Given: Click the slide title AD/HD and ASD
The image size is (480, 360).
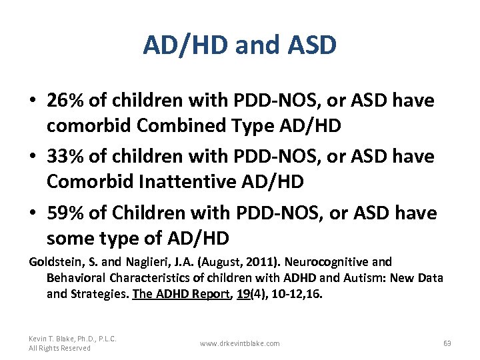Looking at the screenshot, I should pos(239,45).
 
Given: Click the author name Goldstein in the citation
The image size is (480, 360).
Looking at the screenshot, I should pos(53,262).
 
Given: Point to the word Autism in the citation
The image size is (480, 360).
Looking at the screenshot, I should pos(357,277).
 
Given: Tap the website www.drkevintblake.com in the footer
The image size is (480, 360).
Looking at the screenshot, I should pos(239,343).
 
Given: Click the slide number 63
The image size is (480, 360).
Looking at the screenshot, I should pos(447,343).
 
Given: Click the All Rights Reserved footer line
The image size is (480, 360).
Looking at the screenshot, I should pos(59,348).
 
